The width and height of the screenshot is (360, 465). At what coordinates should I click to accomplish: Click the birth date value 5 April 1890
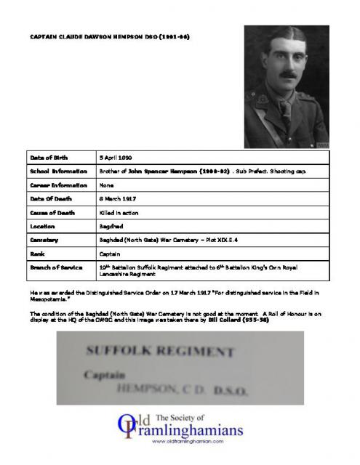125,157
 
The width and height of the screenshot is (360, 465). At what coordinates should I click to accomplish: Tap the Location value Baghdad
112,227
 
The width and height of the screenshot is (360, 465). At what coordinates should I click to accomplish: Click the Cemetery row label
44,240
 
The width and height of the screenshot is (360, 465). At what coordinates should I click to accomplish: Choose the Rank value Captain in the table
111,254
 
